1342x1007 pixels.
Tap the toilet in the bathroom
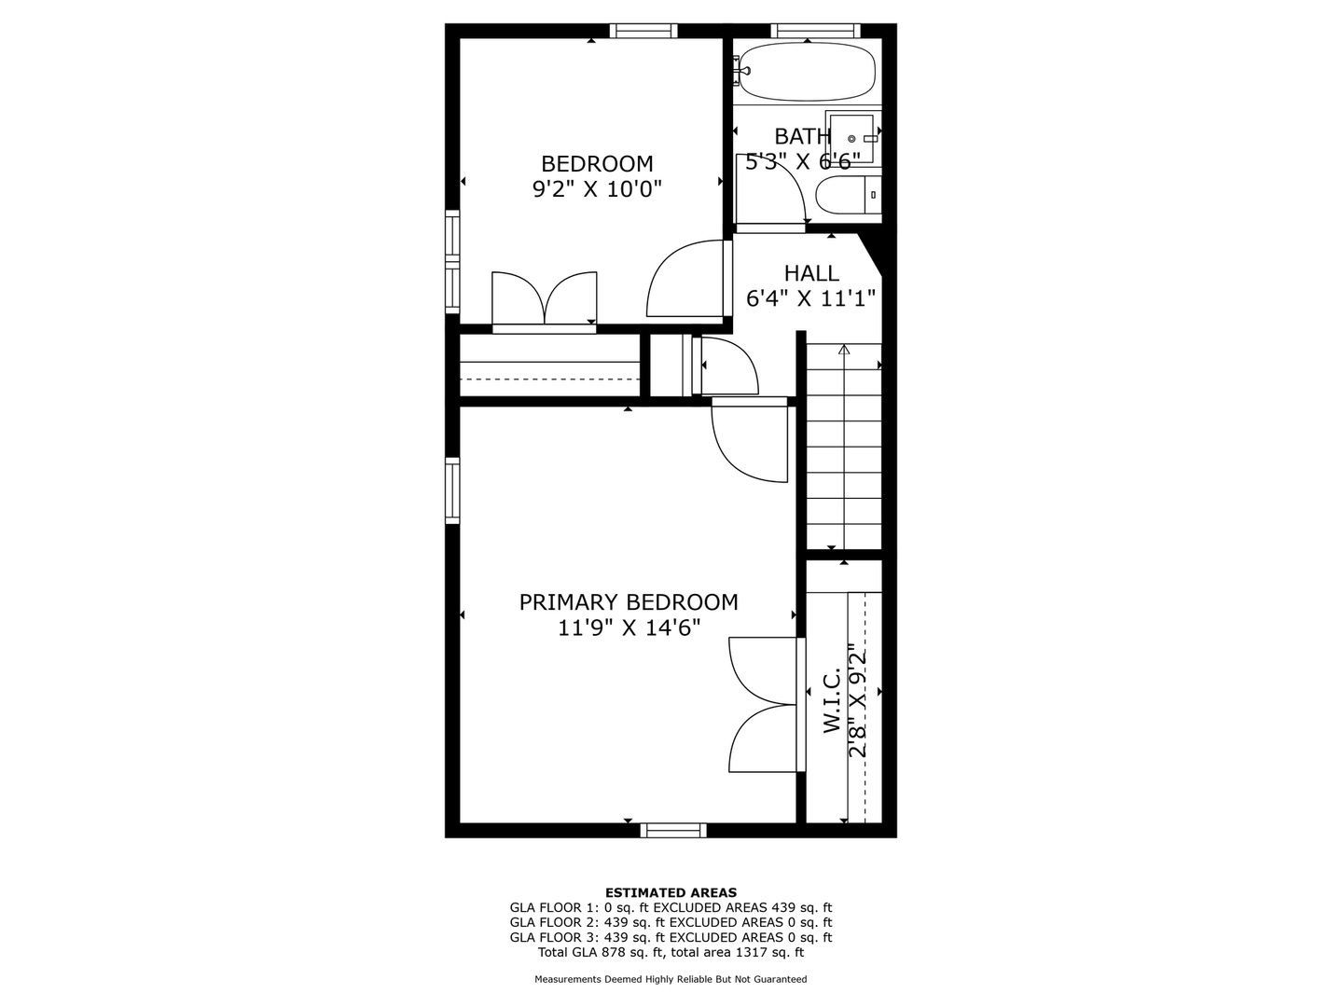point(848,195)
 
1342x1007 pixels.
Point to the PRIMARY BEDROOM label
point(629,602)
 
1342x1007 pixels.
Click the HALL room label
point(811,272)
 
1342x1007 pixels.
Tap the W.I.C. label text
point(832,701)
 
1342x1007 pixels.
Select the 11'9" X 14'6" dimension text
point(629,628)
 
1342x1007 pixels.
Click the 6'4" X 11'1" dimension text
point(811,298)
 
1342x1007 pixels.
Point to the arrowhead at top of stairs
point(844,350)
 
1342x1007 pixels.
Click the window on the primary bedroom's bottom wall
point(673,830)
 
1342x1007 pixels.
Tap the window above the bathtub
point(811,31)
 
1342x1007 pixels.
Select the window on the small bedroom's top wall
point(643,31)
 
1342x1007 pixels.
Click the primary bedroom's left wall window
point(451,490)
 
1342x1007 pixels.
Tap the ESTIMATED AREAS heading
point(671,892)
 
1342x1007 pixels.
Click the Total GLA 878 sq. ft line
point(671,952)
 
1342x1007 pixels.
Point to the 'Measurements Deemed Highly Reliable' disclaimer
point(671,979)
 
